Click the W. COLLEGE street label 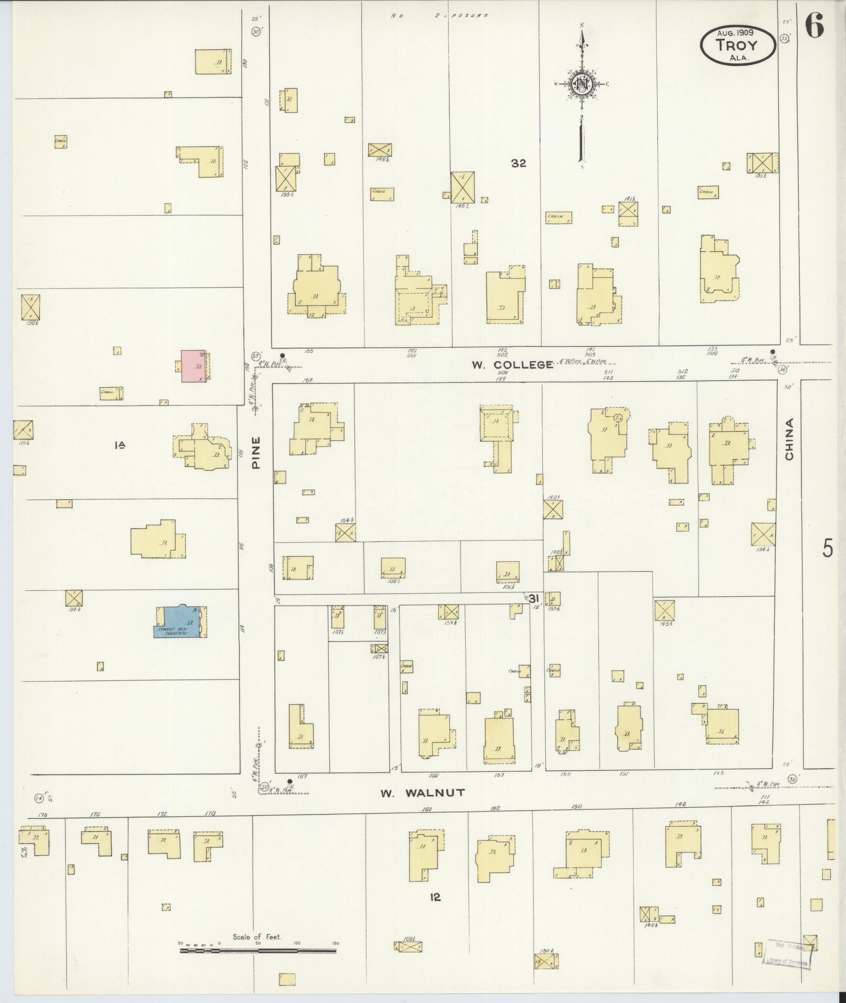coord(512,365)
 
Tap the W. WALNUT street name coord(422,793)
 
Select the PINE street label coord(256,452)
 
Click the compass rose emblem coord(581,84)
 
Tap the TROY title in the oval coord(737,45)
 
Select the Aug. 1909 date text coord(735,32)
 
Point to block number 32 coord(518,164)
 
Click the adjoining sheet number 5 coord(827,548)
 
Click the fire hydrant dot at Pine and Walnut coord(290,781)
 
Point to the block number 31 coord(533,598)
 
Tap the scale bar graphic coord(258,950)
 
